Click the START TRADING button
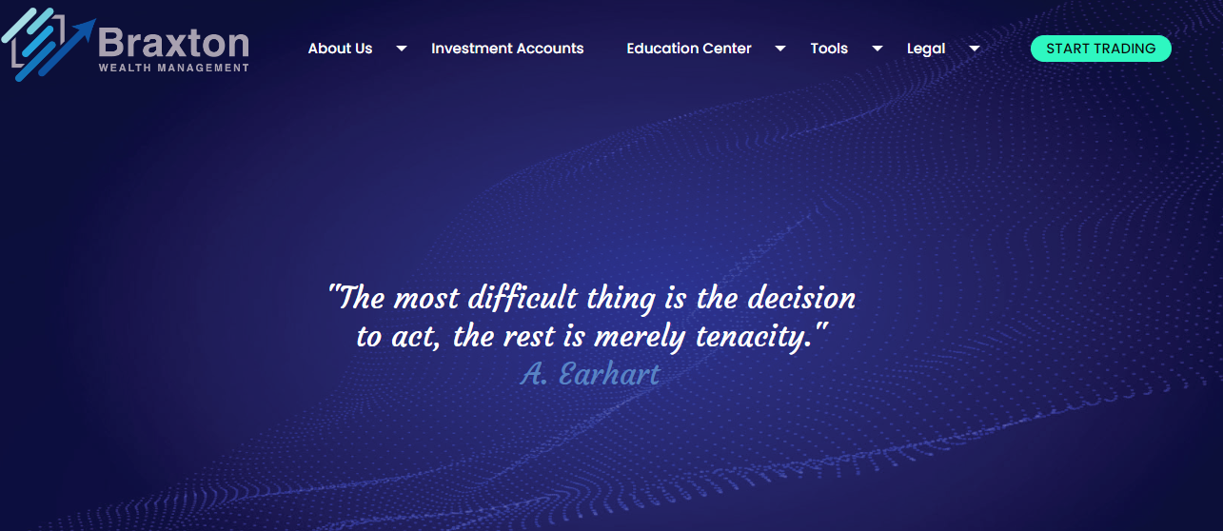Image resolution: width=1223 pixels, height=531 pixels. click(1100, 49)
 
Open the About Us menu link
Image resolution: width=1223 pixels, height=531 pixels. click(340, 49)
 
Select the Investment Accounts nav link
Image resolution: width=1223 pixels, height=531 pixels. click(507, 49)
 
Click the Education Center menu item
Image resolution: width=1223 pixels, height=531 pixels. click(689, 49)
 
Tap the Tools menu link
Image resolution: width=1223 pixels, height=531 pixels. click(829, 49)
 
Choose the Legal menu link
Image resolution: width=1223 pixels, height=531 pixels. click(926, 49)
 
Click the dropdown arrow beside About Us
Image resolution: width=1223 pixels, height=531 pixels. click(402, 49)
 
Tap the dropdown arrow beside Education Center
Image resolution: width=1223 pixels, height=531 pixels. click(780, 49)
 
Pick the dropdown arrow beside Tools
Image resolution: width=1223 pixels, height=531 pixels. click(878, 49)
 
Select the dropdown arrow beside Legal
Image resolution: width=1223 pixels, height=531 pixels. click(975, 49)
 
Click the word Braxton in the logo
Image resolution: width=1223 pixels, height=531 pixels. click(173, 43)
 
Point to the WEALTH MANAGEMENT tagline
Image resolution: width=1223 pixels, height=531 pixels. click(173, 68)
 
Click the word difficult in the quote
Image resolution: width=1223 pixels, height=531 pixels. click(523, 299)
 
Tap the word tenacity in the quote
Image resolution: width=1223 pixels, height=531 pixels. click(754, 337)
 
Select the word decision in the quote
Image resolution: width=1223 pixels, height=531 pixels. click(801, 298)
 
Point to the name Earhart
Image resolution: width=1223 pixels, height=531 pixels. click(609, 374)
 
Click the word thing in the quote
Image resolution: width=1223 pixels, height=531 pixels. click(621, 299)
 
